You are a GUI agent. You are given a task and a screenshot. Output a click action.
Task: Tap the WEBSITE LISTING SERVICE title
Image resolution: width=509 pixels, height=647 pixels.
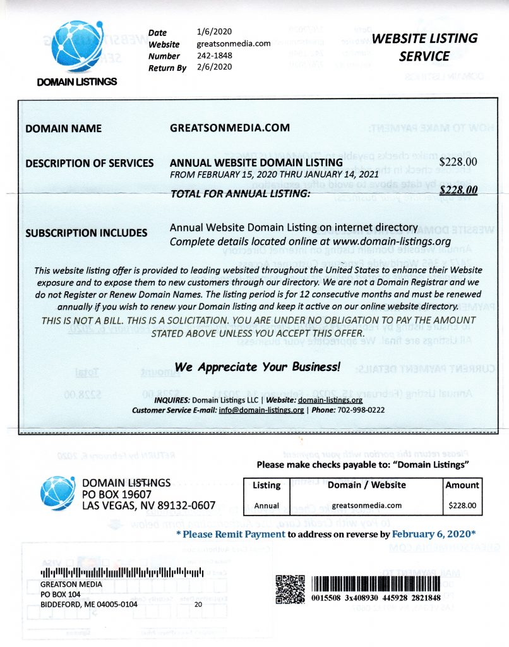pos(424,47)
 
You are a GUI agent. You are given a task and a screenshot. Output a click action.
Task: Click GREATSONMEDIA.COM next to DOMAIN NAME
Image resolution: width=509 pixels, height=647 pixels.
pos(231,128)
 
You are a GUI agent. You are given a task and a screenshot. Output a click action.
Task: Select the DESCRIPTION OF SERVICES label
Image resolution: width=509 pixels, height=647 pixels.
pos(89,163)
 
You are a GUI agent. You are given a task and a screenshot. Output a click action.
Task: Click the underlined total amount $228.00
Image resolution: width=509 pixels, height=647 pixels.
pos(458,188)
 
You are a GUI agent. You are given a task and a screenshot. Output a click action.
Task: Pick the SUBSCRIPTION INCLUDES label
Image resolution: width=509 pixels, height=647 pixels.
pos(86,233)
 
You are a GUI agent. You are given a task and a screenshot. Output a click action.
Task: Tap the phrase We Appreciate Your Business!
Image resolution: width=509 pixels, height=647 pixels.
pos(258,366)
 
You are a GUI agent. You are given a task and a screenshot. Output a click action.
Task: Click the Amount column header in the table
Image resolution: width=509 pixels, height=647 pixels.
pos(462,485)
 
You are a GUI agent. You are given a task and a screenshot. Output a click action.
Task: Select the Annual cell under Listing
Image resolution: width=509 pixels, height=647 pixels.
pos(266,505)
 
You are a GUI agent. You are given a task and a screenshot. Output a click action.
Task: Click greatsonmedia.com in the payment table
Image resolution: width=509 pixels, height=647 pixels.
pos(366,505)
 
